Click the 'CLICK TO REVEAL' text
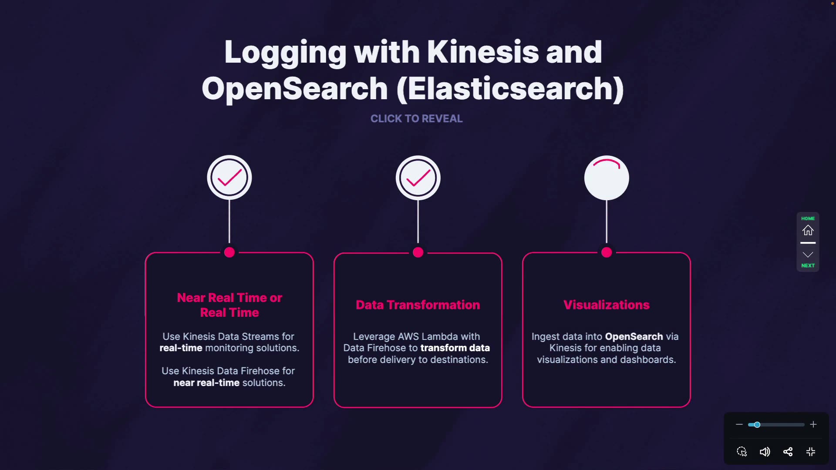click(x=416, y=118)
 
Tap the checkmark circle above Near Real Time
click(x=229, y=178)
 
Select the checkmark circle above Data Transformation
click(x=418, y=178)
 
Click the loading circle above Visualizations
click(x=607, y=178)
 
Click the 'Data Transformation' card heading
click(x=418, y=305)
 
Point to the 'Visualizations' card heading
click(x=606, y=305)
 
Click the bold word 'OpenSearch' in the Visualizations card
click(x=634, y=336)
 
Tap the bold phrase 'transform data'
click(x=455, y=348)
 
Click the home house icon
click(x=808, y=230)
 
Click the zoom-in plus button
click(x=813, y=424)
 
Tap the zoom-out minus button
click(x=739, y=424)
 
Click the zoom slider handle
click(x=757, y=425)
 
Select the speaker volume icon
click(x=765, y=452)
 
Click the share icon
click(x=788, y=452)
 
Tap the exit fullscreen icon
click(x=810, y=452)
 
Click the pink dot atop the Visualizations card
click(x=607, y=252)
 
